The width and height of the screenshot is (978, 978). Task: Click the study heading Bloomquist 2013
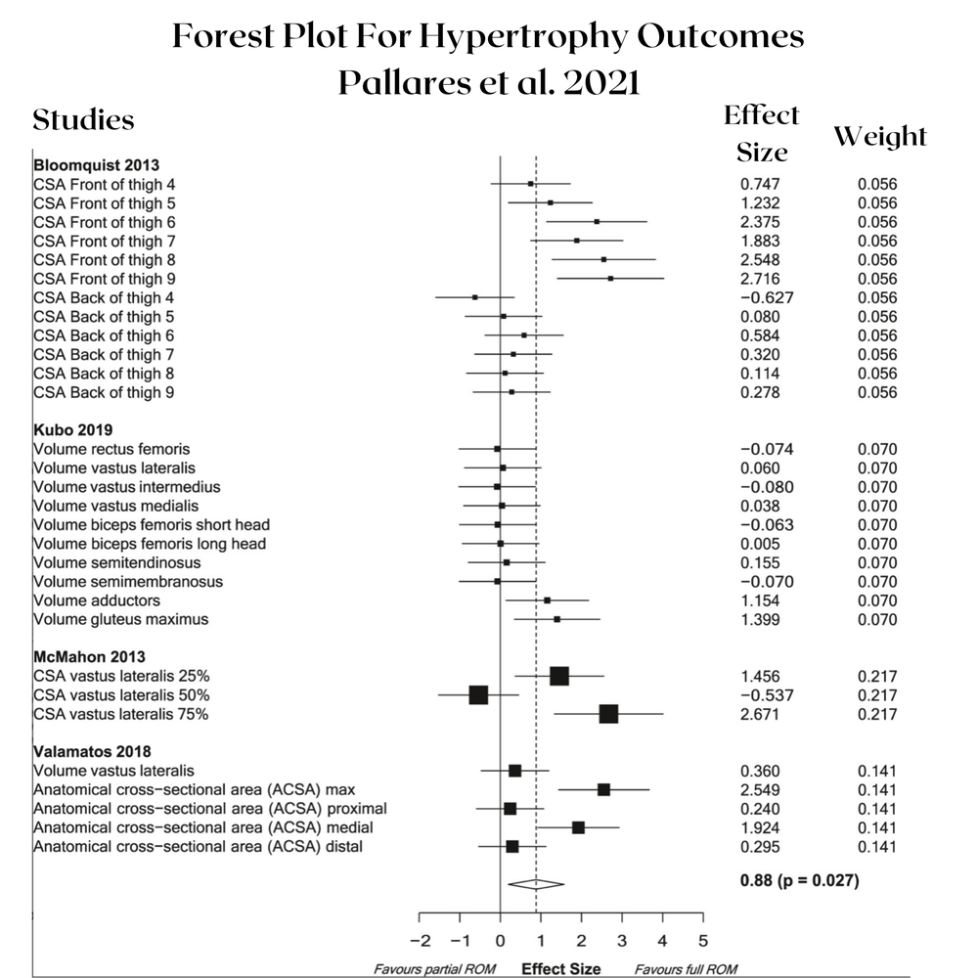click(x=82, y=165)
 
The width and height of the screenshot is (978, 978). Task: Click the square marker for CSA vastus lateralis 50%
click(x=478, y=694)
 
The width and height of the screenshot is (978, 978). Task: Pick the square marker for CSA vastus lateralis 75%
click(x=608, y=714)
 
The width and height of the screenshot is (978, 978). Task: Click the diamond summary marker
click(x=536, y=884)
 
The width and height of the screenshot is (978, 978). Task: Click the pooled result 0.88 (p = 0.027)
click(x=799, y=880)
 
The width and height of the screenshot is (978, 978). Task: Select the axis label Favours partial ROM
click(x=434, y=969)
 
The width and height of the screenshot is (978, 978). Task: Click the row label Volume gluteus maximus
click(x=120, y=619)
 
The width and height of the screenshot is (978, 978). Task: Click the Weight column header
click(x=879, y=137)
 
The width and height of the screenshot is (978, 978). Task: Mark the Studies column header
click(x=83, y=120)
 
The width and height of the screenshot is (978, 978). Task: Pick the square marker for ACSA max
click(x=603, y=789)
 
